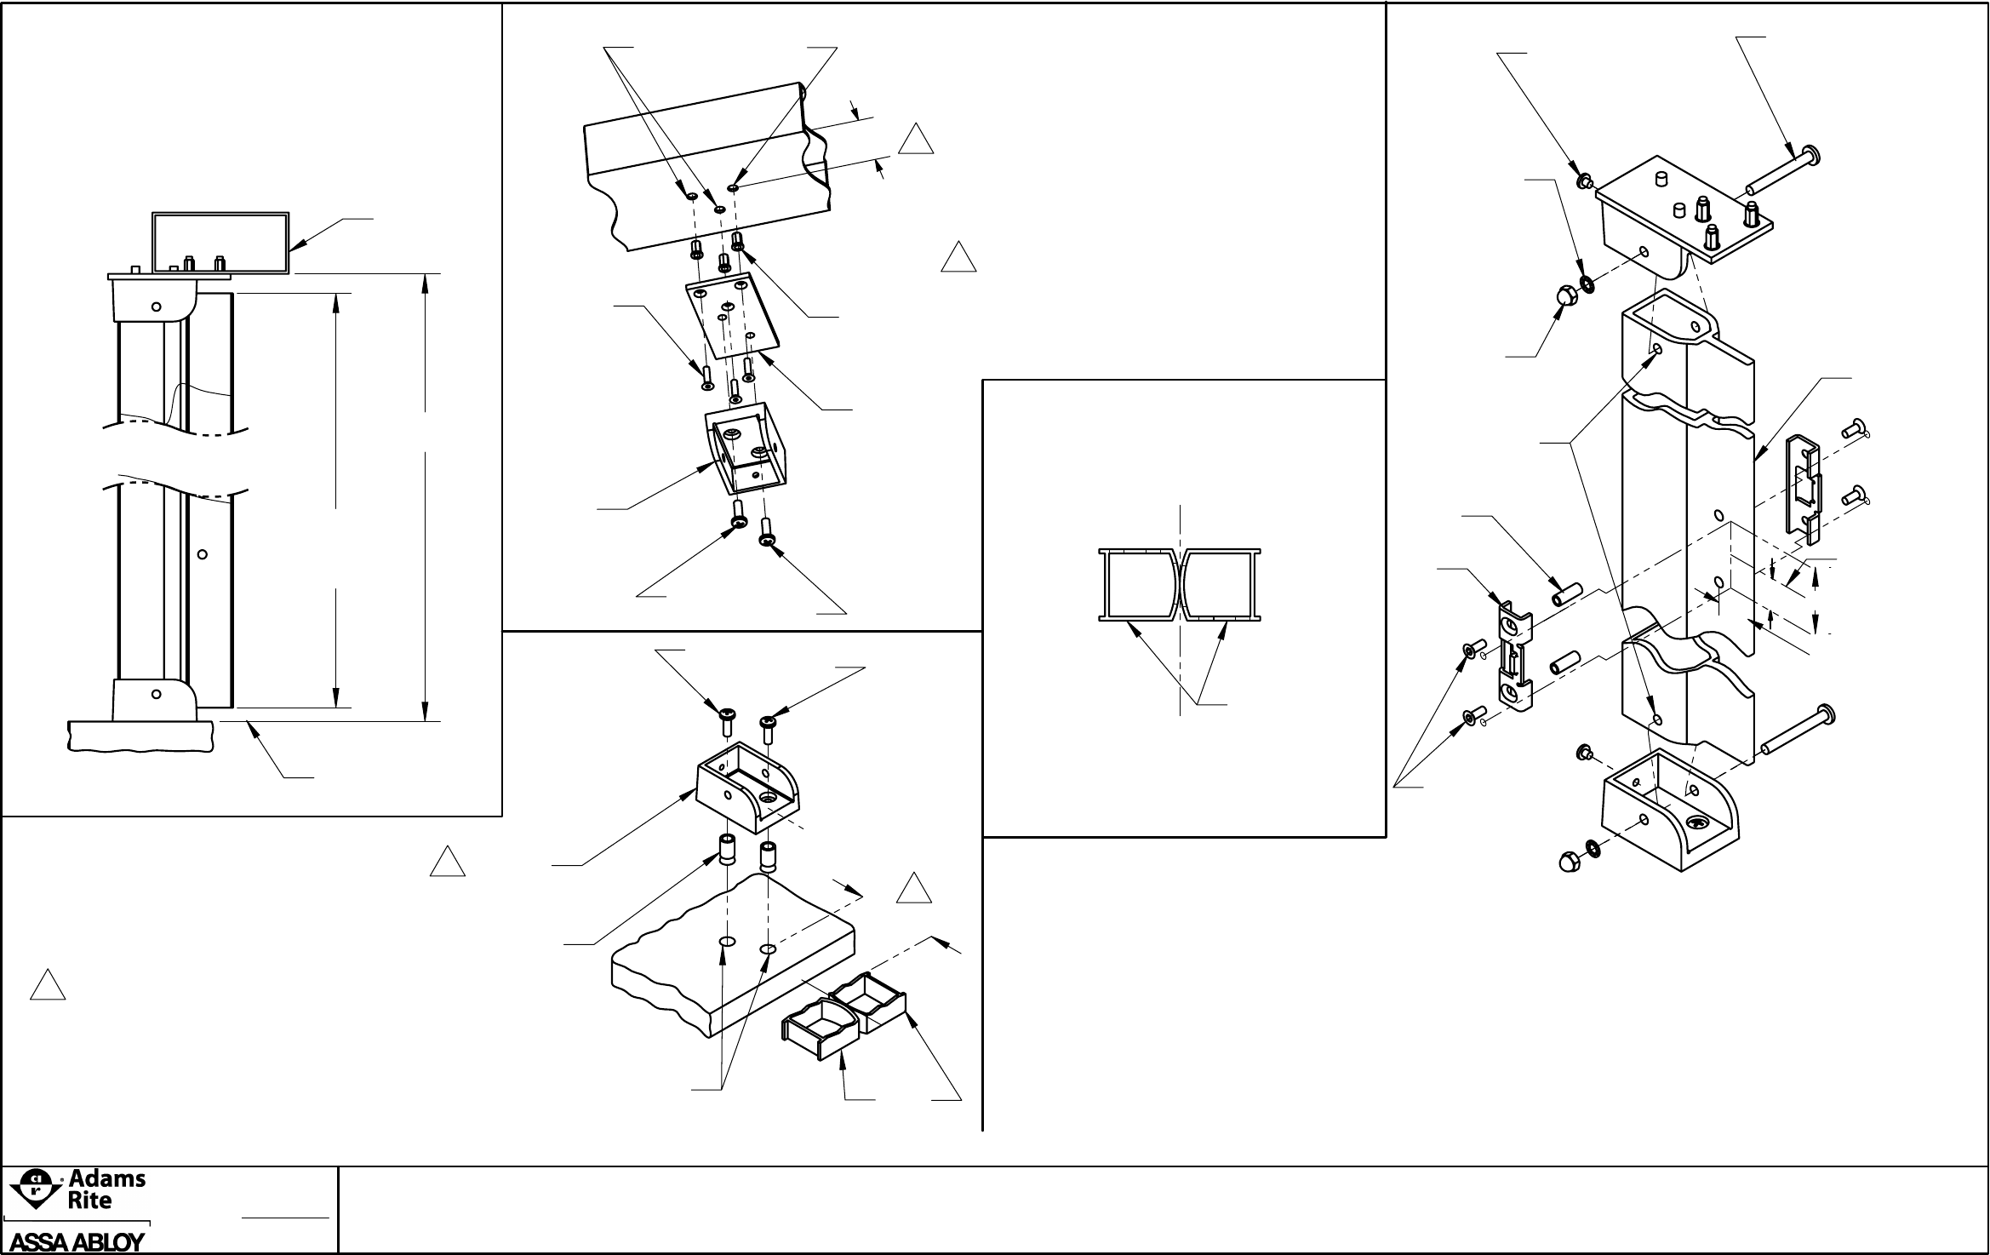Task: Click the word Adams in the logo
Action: coord(106,1180)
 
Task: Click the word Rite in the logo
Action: coord(89,1201)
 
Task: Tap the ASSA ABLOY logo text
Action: coord(77,1242)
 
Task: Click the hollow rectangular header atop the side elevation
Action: coord(220,243)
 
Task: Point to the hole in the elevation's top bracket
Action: coord(156,307)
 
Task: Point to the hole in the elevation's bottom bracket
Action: coord(156,694)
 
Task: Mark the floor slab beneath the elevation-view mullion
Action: coord(140,736)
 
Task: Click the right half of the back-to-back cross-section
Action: coord(1221,583)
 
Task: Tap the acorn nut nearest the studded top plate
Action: coord(1559,297)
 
